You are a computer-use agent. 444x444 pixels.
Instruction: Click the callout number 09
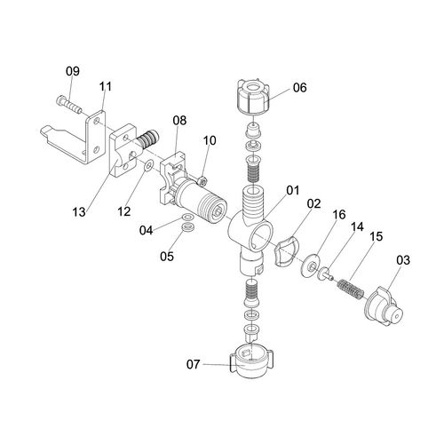(73, 71)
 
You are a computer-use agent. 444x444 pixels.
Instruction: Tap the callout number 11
(106, 86)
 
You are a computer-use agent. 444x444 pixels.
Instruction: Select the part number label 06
(300, 88)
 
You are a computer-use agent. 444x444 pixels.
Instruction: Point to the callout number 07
(194, 364)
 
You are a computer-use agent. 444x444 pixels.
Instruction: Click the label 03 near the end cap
(403, 260)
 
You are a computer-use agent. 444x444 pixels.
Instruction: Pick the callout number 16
(339, 215)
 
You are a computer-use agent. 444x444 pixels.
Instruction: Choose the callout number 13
(79, 212)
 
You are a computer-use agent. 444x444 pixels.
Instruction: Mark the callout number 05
(167, 257)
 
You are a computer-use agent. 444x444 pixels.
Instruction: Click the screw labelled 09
(68, 106)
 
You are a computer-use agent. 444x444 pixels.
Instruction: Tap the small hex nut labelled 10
(202, 180)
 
